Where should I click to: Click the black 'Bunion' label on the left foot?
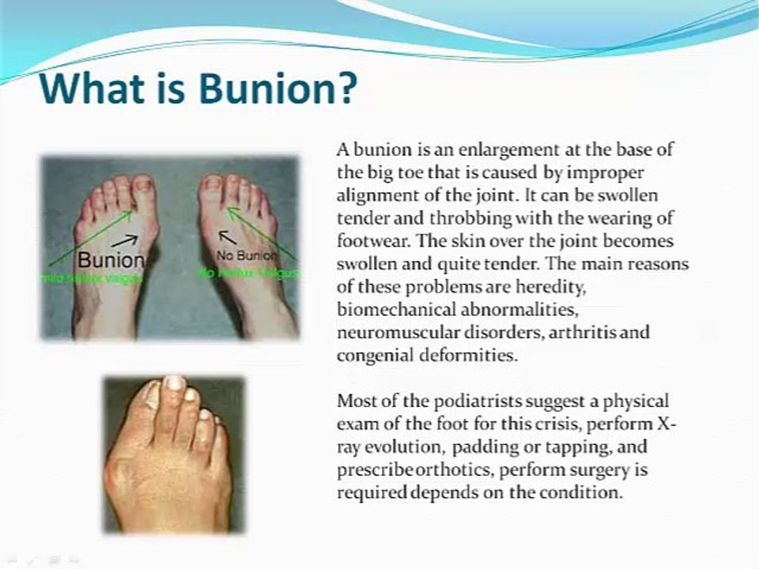pos(111,259)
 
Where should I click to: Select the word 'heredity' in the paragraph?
pos(511,285)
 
